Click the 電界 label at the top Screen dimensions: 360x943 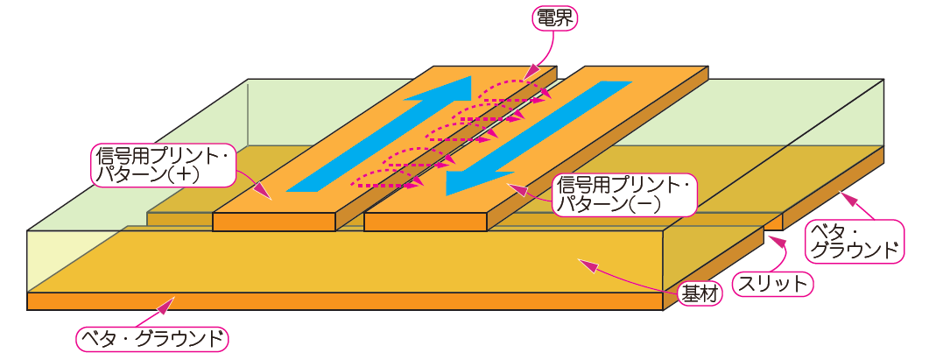pos(555,18)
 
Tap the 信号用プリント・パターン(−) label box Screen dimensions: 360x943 pos(623,194)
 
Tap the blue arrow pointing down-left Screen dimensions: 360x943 pos(534,136)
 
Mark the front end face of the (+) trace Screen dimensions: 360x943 pos(274,222)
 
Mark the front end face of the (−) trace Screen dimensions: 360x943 pos(425,222)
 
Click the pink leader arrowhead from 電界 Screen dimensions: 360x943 pos(527,73)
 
